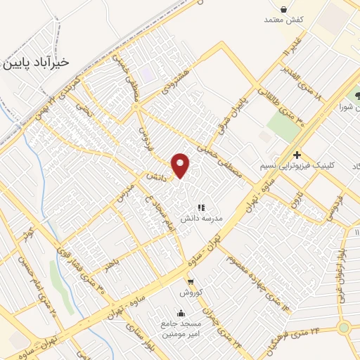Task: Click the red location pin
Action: pyautogui.click(x=181, y=165)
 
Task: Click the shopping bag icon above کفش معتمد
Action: pyautogui.click(x=283, y=9)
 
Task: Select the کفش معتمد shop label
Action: pyautogui.click(x=283, y=20)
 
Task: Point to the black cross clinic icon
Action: pyautogui.click(x=297, y=155)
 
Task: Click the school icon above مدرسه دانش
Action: pyautogui.click(x=202, y=207)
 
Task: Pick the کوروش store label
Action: pyautogui.click(x=191, y=291)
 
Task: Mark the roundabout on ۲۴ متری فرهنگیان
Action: pyautogui.click(x=344, y=328)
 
